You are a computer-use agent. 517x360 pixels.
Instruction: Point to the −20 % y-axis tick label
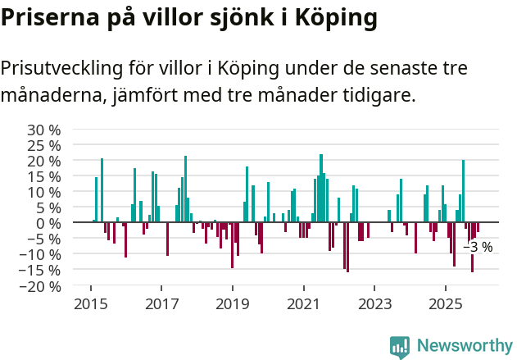(x=40, y=286)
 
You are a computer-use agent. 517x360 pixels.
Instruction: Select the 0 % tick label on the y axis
(x=48, y=223)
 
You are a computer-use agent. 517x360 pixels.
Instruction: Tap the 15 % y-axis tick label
(x=44, y=176)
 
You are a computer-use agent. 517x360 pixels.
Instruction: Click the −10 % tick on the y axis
(x=40, y=255)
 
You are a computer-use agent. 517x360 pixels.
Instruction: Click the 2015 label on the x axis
(x=90, y=305)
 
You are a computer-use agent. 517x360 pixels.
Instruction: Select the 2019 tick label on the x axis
(x=233, y=305)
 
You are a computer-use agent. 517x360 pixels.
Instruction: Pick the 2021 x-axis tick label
(x=304, y=305)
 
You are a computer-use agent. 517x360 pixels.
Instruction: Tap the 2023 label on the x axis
(x=374, y=305)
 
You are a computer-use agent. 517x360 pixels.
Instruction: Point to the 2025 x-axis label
(x=446, y=305)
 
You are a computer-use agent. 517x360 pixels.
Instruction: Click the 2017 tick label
(x=161, y=305)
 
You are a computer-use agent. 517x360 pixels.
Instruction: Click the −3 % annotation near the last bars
(x=478, y=247)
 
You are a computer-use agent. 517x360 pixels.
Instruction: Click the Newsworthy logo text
(x=464, y=345)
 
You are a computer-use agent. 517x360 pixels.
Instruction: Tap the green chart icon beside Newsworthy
(x=400, y=346)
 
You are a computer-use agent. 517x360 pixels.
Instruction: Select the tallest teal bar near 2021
(x=321, y=188)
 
